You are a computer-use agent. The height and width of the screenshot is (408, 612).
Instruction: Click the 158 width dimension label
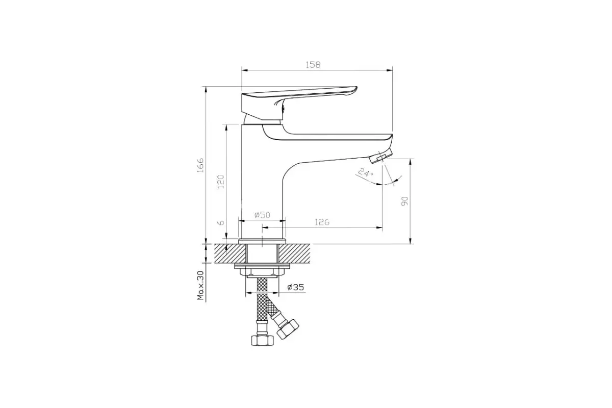click(x=313, y=65)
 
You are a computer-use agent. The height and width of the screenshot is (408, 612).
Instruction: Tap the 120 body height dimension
click(x=220, y=182)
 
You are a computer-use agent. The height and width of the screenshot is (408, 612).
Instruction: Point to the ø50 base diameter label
click(x=262, y=215)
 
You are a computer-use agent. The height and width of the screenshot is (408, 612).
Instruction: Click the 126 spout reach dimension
click(x=321, y=222)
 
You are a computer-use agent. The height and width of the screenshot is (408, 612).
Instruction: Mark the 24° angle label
click(x=366, y=173)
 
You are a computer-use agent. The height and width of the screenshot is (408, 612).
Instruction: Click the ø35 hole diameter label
click(x=296, y=288)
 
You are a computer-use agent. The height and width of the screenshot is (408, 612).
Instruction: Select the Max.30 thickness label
click(x=200, y=285)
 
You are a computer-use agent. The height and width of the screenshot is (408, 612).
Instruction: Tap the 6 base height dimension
click(x=220, y=223)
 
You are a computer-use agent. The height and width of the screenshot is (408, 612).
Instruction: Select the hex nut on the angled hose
click(x=289, y=328)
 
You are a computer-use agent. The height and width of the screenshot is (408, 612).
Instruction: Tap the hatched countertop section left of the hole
click(x=229, y=253)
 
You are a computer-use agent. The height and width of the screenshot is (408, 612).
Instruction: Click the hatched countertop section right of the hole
click(x=294, y=253)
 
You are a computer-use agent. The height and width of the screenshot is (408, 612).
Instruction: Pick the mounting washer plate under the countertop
click(x=262, y=267)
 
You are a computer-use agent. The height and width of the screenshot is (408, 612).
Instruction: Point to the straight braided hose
click(x=262, y=301)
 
